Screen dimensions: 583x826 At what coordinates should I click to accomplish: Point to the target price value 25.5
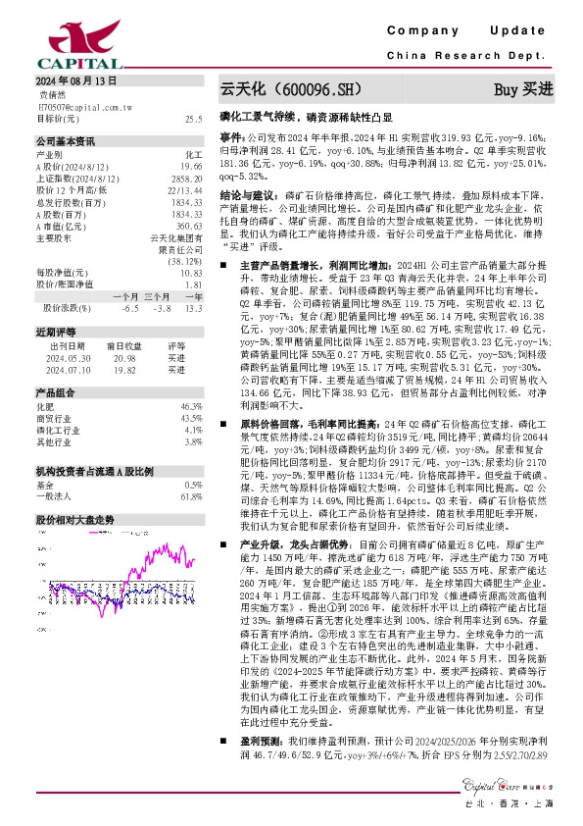[194, 118]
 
